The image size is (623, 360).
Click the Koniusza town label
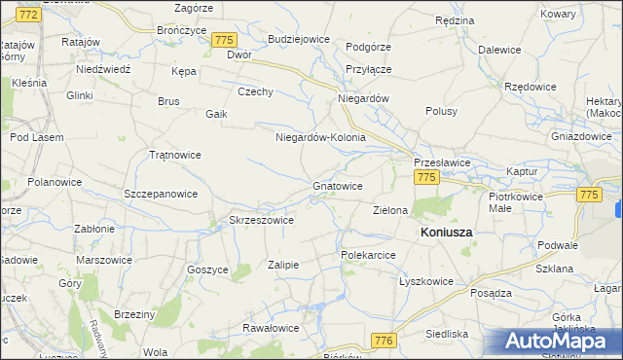[446, 234]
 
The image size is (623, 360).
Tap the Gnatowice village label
[338, 185]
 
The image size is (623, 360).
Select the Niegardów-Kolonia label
[320, 137]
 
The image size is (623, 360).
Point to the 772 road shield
[29, 15]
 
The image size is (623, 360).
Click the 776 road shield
[385, 340]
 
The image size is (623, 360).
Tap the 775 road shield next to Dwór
[225, 40]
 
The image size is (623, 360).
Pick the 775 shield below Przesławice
[425, 177]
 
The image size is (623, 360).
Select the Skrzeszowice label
[261, 221]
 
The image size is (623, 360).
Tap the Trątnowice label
[174, 155]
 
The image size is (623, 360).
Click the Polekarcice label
[367, 255]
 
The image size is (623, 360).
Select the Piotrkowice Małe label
[514, 201]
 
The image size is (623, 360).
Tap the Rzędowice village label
[531, 87]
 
